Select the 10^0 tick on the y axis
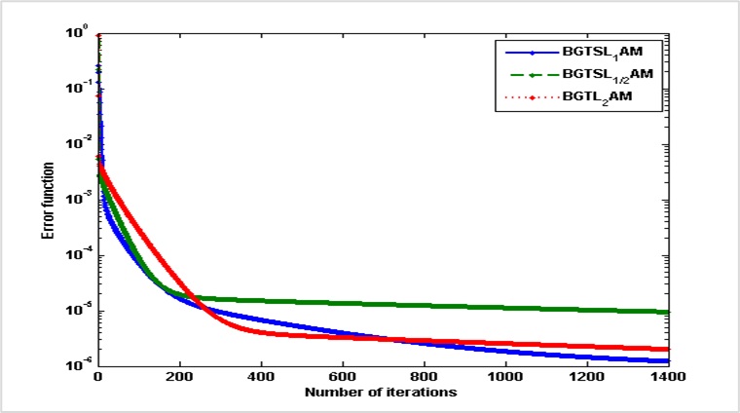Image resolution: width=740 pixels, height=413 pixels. click(80, 33)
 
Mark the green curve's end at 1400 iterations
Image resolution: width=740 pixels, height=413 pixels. click(669, 312)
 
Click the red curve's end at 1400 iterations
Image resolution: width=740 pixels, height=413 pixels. click(669, 349)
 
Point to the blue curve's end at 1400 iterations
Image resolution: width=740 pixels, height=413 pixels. click(669, 361)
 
